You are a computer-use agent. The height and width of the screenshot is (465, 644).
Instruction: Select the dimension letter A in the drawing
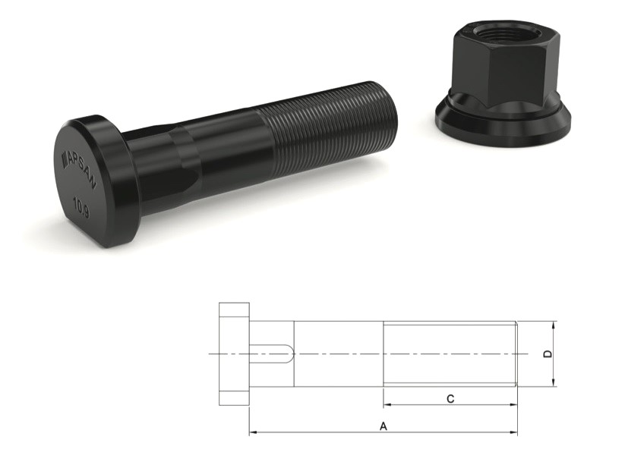[384, 426]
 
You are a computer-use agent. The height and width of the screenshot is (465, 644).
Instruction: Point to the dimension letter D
[548, 354]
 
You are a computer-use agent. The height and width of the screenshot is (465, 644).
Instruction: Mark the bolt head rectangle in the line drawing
[234, 353]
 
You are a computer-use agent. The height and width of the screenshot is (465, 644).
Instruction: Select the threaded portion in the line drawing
[450, 353]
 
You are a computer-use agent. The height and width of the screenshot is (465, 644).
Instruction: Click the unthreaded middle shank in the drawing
[338, 353]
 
